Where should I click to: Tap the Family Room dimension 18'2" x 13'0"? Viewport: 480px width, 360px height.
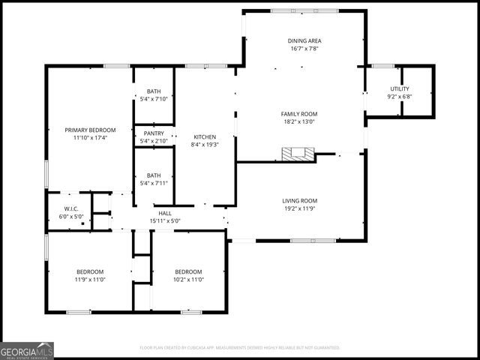point(298,121)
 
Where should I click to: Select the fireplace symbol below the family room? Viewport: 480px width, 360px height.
point(298,154)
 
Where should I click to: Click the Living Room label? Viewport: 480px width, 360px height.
point(300,200)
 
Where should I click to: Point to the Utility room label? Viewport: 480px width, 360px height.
point(399,88)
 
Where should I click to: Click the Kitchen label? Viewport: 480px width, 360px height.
point(204,137)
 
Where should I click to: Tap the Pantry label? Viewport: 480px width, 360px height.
point(154,133)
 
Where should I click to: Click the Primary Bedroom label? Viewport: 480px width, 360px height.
point(90,130)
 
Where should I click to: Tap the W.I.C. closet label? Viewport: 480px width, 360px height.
point(71,209)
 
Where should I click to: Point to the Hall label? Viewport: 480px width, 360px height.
point(165,214)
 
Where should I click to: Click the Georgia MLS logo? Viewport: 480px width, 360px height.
point(27,350)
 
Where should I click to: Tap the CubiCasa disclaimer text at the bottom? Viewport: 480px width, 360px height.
point(240,348)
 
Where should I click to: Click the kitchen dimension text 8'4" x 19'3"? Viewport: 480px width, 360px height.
point(204,145)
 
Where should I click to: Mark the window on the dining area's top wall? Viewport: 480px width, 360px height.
point(293,10)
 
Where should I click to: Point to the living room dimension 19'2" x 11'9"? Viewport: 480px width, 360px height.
point(300,208)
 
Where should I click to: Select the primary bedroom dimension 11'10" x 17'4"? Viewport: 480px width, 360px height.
point(90,138)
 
